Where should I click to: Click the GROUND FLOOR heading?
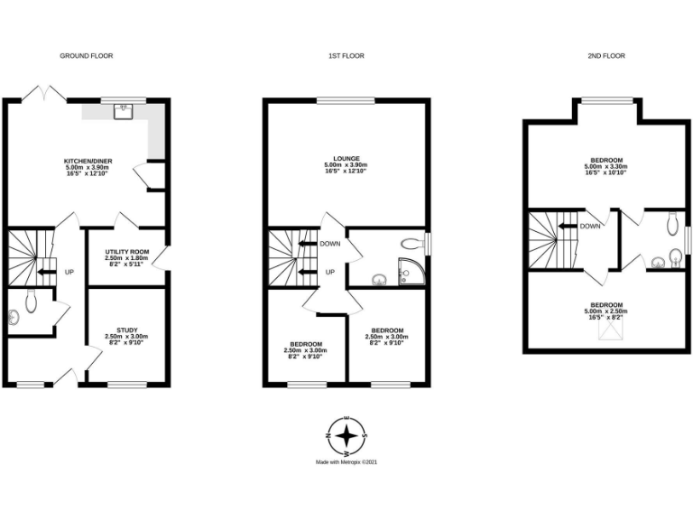[87, 56]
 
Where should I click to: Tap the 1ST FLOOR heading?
[346, 56]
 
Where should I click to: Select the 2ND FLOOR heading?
[605, 56]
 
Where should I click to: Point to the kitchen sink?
[122, 111]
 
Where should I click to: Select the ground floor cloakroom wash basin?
[13, 317]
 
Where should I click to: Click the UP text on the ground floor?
[69, 271]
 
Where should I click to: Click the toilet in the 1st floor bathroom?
[411, 242]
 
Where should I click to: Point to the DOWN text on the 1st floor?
[331, 244]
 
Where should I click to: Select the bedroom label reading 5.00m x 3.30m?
[605, 167]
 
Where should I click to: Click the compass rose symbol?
[346, 436]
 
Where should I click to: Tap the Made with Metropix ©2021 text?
[346, 462]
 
